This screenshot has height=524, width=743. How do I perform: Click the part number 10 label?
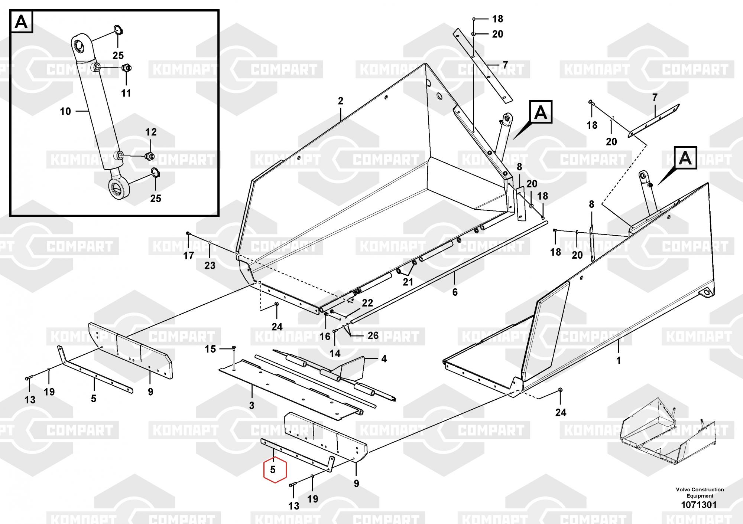coord(65,111)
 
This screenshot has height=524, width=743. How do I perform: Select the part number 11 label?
coord(126,93)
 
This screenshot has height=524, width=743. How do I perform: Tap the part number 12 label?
coord(150,132)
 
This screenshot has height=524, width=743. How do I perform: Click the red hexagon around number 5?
coord(275,470)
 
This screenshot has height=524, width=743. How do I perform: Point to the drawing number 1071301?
coord(698,505)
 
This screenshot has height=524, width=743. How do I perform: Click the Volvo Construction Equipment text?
coord(700,492)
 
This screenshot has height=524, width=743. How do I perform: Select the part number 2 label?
coord(341,101)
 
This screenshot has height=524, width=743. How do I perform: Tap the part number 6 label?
coord(455,292)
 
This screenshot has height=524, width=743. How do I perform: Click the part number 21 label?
coord(408,282)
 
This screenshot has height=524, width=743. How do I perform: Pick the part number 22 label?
coord(367,303)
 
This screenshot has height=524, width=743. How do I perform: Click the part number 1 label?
coord(618,360)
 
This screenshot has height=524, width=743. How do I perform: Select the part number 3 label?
coord(252,405)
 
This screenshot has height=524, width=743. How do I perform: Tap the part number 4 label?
coord(384,359)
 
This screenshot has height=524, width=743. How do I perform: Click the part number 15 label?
coord(210,349)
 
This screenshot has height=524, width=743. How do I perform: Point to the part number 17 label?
coord(189,255)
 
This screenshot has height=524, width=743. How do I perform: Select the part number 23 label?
coord(210,265)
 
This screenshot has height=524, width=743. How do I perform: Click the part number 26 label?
coord(373,336)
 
